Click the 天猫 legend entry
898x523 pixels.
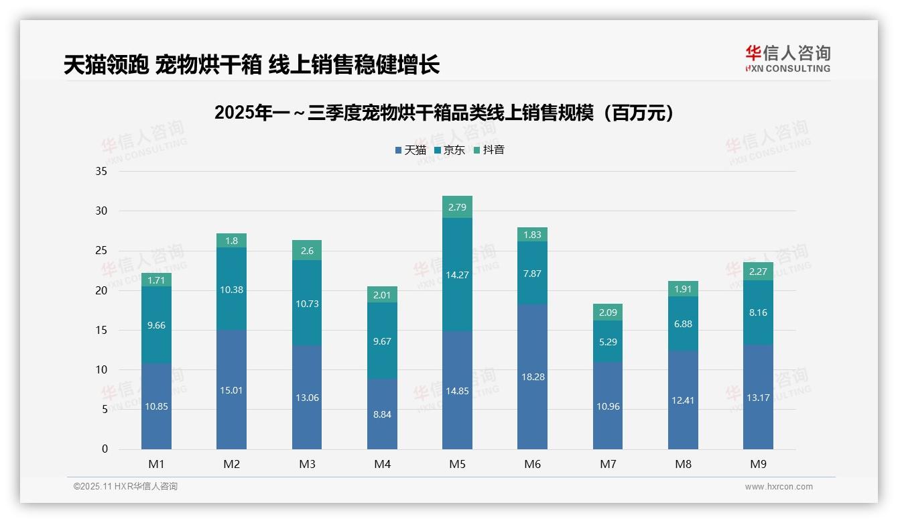click(411, 150)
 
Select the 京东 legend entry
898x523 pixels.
click(450, 150)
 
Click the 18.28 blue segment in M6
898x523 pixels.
click(532, 377)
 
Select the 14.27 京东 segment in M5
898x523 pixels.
click(457, 274)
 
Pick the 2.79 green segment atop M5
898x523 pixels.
click(457, 207)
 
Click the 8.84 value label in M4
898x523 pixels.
click(382, 414)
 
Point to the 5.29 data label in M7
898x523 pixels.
click(608, 341)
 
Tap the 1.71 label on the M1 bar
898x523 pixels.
click(156, 280)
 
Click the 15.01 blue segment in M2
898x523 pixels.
click(231, 390)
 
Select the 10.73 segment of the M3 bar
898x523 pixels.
click(307, 304)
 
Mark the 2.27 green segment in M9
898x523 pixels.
click(758, 272)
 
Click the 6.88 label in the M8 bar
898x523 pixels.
click(683, 324)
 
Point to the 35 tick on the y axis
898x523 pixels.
click(101, 171)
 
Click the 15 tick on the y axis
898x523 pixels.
click(101, 330)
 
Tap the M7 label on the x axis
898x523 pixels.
click(608, 464)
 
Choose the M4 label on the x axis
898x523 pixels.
click(382, 464)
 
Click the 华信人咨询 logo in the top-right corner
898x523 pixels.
click(787, 58)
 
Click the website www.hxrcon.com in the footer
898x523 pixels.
click(779, 487)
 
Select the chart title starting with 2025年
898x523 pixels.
click(444, 113)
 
